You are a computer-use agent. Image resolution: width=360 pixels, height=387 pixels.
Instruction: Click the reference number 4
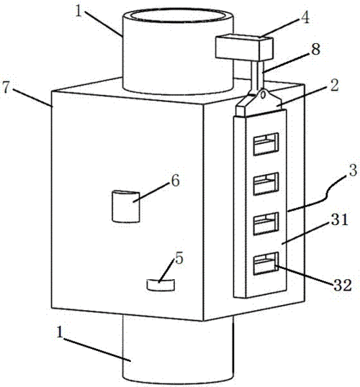pos(306,18)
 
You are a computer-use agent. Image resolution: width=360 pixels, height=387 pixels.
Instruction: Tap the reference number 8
pos(315,49)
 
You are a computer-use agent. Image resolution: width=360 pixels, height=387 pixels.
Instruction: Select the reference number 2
pos(334,86)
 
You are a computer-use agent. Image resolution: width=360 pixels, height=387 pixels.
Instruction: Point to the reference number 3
pos(354,170)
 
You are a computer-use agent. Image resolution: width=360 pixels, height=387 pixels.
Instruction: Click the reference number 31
pos(340,219)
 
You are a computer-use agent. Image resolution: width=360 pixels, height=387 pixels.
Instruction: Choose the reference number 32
pos(343,286)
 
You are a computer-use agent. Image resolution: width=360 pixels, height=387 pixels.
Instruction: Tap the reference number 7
pos(6,87)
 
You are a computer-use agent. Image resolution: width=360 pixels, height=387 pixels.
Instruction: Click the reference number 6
pos(175,181)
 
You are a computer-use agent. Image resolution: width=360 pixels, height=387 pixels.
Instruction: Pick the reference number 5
pos(179,259)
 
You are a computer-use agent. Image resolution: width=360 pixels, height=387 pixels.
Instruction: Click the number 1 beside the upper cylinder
pos(78,12)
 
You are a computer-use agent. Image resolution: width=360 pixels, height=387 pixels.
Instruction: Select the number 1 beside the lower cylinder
pos(59,332)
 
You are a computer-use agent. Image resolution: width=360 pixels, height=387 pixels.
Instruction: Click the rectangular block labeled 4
pos(244,48)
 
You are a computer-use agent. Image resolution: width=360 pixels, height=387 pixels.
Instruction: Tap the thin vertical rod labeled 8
pos(258,76)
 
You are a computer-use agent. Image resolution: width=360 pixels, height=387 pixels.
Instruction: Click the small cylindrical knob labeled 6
pos(126,206)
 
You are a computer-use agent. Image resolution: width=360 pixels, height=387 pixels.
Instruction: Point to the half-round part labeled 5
pos(161,285)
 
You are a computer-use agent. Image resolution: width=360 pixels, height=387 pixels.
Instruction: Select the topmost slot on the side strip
pos(266,144)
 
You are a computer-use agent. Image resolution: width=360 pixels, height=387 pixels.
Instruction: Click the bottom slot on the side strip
pos(266,263)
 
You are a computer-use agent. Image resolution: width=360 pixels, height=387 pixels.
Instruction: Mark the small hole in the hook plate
pos(264,94)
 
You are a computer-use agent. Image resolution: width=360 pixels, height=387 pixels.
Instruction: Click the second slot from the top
pos(266,184)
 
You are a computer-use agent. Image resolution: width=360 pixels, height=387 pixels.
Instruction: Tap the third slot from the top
pos(266,224)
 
